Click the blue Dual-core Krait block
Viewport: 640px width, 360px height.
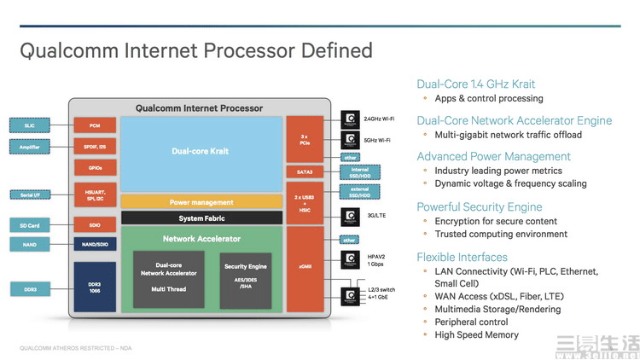201,151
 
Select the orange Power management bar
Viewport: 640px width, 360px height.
201,202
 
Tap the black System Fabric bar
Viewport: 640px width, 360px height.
201,218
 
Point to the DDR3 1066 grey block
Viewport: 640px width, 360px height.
94,286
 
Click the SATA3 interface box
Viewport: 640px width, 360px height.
304,172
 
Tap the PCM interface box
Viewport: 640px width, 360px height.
94,125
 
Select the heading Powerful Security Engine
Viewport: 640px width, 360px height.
479,206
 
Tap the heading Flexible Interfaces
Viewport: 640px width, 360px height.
462,257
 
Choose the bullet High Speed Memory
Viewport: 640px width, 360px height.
476,334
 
